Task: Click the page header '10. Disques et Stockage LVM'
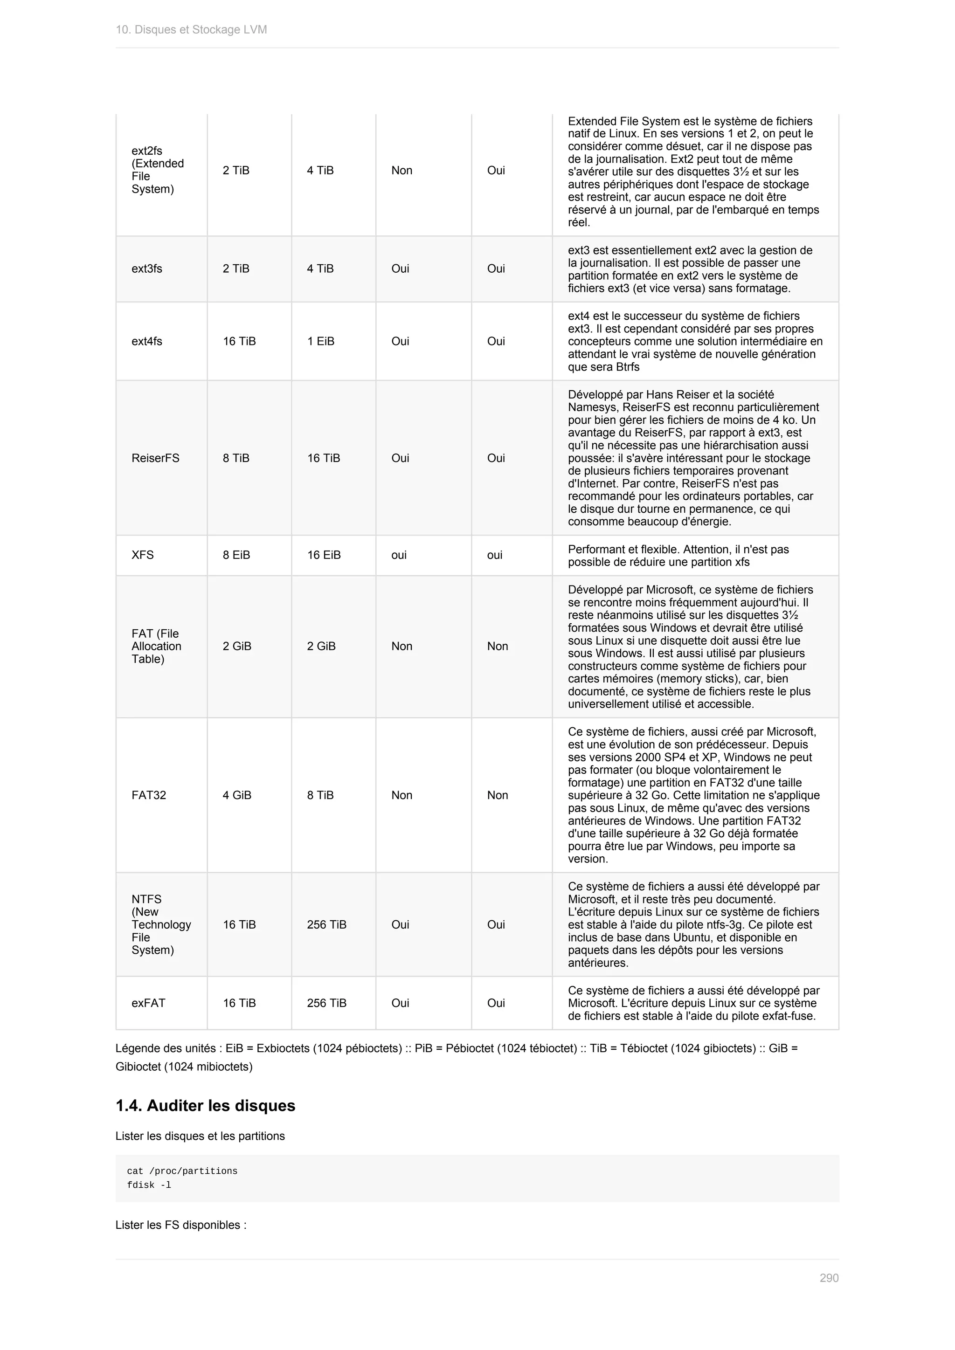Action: (x=191, y=29)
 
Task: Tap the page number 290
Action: (x=829, y=1278)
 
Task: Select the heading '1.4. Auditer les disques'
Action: (x=205, y=1105)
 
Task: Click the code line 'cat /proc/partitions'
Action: (x=182, y=1171)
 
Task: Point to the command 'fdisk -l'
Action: (x=149, y=1185)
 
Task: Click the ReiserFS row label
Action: (x=155, y=458)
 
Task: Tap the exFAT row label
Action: (x=148, y=1003)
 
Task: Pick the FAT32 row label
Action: (x=149, y=795)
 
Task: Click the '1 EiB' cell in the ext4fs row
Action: (x=320, y=341)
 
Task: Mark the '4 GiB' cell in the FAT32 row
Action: (x=237, y=795)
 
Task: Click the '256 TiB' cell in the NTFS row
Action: (x=326, y=924)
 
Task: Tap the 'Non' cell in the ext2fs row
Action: (x=401, y=171)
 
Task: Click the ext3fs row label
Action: (x=147, y=269)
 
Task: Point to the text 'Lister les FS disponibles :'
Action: (x=180, y=1225)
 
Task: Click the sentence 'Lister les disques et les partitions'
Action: (x=200, y=1136)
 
